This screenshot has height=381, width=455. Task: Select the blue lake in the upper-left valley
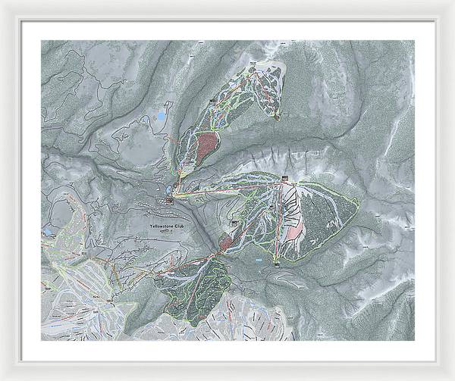tap(160, 115)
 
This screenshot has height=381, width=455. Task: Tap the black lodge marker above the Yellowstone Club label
tap(168, 200)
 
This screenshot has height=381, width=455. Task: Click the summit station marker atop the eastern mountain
tap(285, 180)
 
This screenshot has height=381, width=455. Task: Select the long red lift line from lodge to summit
tap(227, 189)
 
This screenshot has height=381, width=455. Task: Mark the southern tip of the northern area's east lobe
tap(278, 118)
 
